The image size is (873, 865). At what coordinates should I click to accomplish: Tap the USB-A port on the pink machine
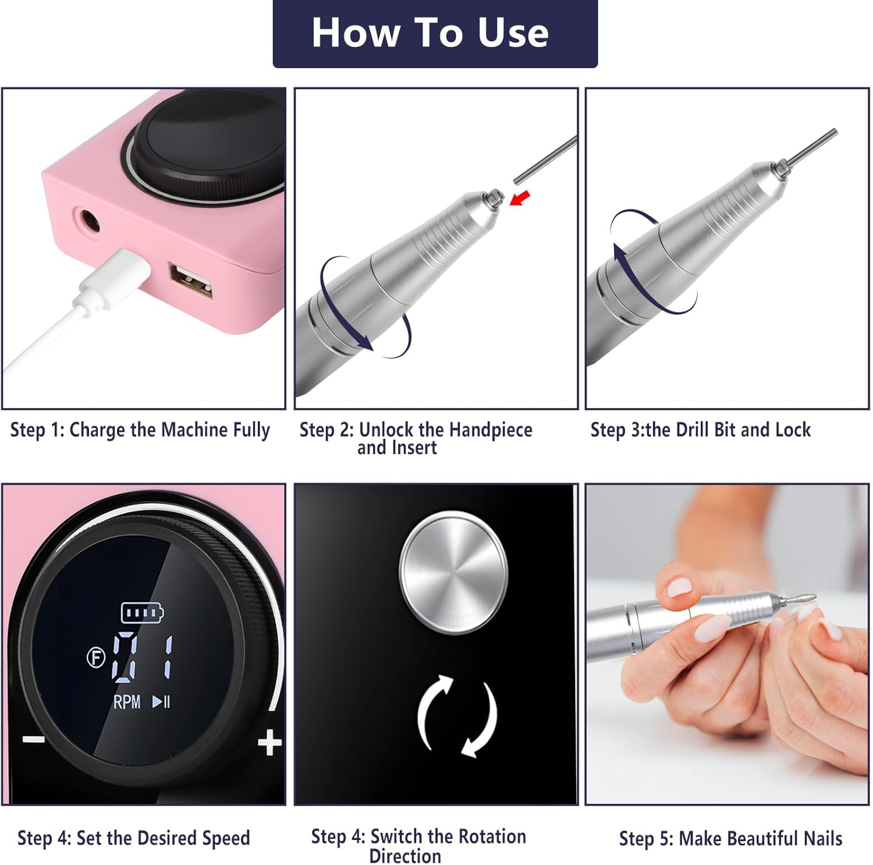point(190,281)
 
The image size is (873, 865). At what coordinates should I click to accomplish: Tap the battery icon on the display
point(142,612)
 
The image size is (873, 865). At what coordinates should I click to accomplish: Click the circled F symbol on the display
point(96,658)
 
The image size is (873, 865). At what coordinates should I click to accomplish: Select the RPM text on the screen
point(127,702)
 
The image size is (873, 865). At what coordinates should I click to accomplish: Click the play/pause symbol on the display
point(161,702)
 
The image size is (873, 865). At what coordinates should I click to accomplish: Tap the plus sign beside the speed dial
point(269,743)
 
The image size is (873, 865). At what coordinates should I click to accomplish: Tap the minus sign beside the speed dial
point(34,740)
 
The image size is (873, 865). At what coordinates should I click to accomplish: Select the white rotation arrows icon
point(457,716)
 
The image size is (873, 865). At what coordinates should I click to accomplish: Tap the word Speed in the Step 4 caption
point(226,838)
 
